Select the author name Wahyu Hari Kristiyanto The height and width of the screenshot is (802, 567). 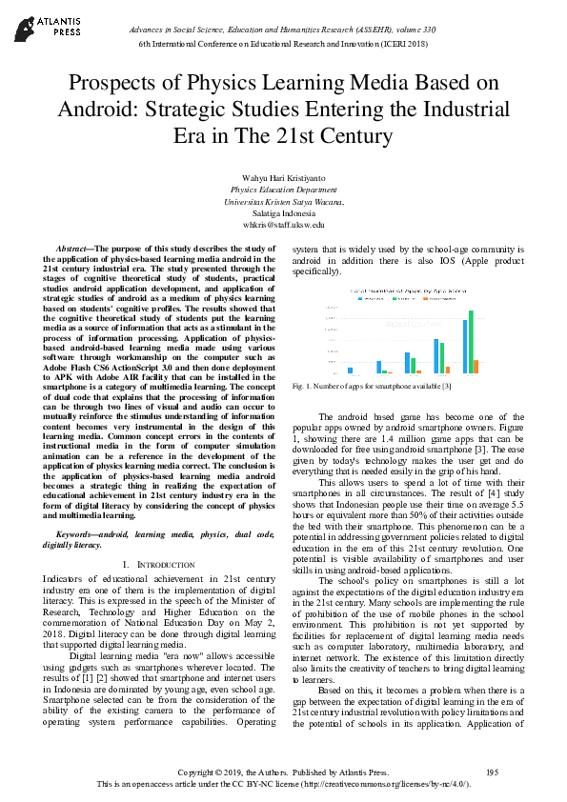coord(283,177)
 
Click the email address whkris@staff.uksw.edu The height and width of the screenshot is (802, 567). coord(283,226)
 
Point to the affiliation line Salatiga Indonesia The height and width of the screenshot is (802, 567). coord(283,214)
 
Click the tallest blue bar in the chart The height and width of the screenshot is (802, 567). coord(465,346)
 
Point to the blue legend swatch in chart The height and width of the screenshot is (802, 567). coord(359,297)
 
